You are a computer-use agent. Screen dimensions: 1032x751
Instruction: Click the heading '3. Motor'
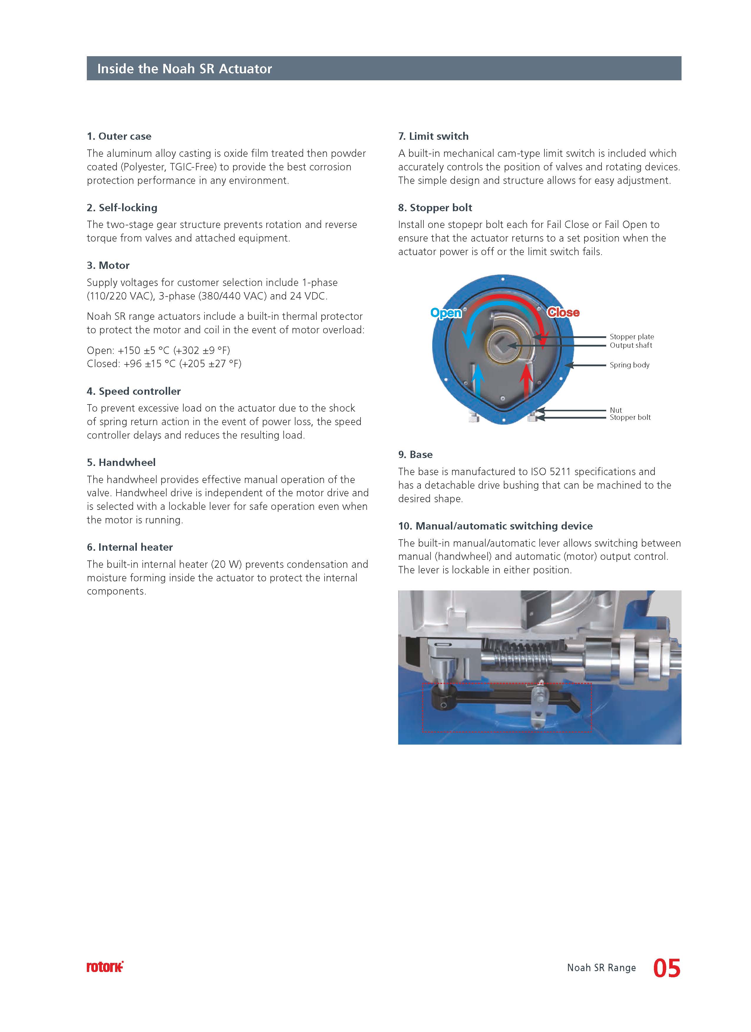click(x=108, y=265)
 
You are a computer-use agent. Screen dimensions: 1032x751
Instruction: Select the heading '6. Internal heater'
click(x=130, y=547)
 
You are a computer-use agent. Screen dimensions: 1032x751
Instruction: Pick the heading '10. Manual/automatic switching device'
click(x=495, y=526)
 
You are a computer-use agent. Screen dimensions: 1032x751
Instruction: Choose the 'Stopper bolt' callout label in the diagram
click(x=630, y=417)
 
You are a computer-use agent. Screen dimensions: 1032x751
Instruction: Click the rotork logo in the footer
click(x=105, y=967)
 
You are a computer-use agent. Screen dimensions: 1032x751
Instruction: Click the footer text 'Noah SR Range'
click(x=601, y=968)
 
